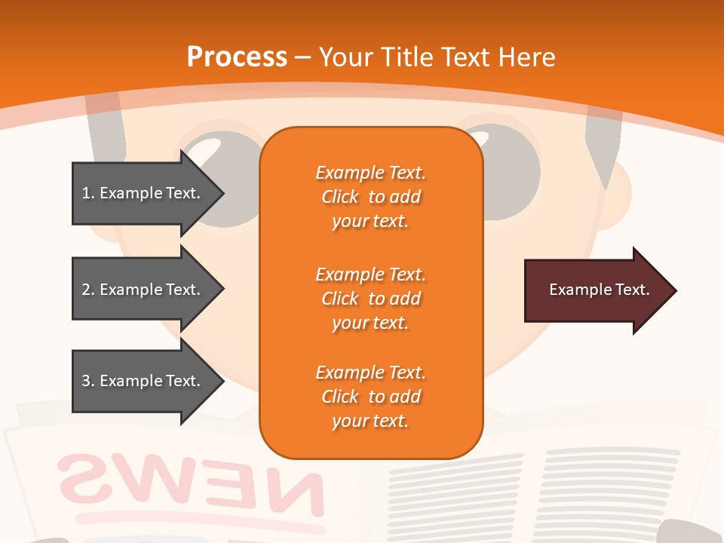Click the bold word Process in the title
click(x=237, y=57)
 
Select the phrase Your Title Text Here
click(x=437, y=57)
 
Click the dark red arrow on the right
click(x=596, y=290)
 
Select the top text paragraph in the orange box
click(x=370, y=197)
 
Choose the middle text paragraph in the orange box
click(x=370, y=299)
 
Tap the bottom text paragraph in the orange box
click(x=370, y=397)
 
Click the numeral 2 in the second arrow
click(x=86, y=290)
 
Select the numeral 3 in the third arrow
click(x=86, y=381)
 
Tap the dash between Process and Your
click(x=302, y=57)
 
